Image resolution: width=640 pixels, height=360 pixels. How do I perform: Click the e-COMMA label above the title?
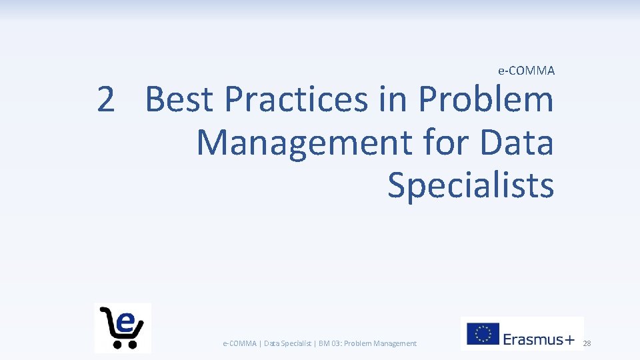(526, 70)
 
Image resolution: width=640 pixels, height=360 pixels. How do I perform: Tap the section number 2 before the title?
(105, 100)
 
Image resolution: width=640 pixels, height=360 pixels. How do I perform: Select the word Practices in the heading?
(296, 100)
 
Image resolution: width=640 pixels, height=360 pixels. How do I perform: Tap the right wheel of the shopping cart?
(131, 344)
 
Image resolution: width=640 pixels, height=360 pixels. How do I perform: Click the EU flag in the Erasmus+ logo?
(483, 334)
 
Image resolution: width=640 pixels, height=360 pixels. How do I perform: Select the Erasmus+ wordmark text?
(539, 339)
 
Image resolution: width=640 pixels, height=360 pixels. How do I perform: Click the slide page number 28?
(587, 343)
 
